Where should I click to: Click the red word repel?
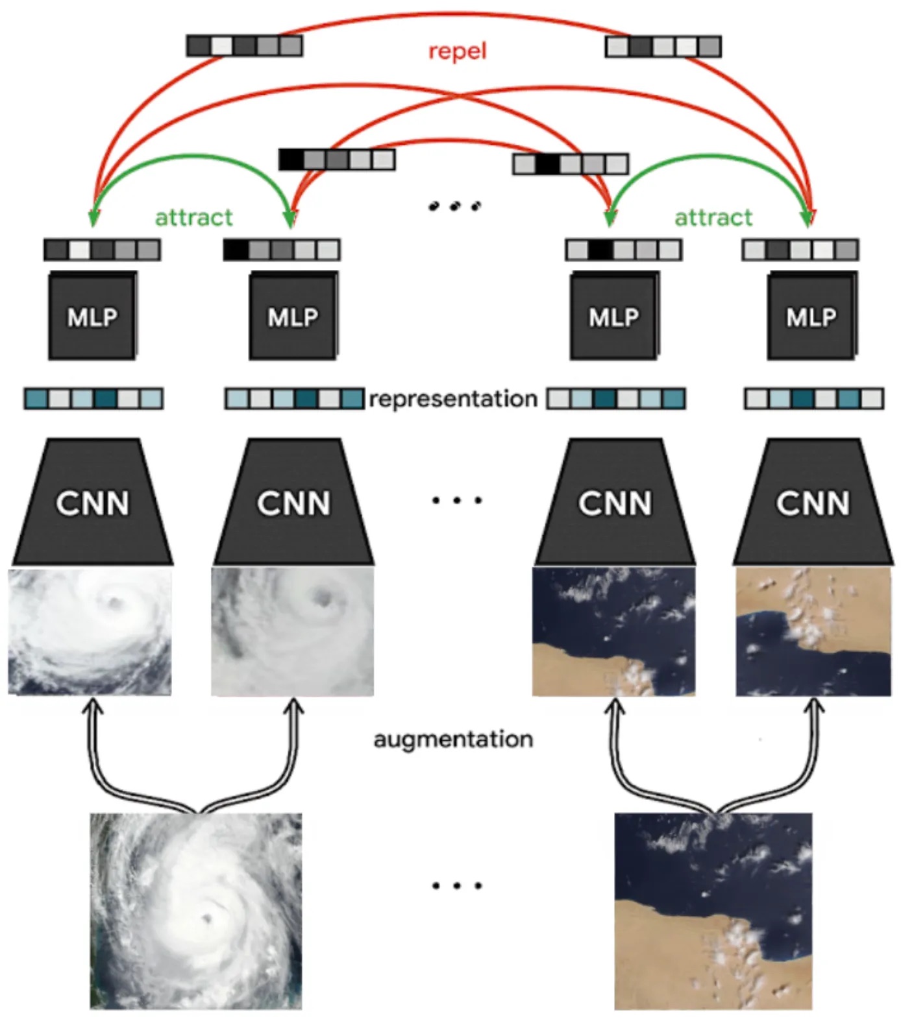(x=457, y=51)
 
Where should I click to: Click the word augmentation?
(x=453, y=739)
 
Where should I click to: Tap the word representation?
(x=453, y=398)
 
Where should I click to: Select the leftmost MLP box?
(x=92, y=317)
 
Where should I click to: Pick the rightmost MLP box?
(x=811, y=317)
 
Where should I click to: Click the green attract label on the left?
(x=193, y=217)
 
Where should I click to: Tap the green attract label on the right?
(x=713, y=217)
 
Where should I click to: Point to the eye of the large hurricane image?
(x=208, y=917)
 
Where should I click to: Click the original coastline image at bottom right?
(x=713, y=911)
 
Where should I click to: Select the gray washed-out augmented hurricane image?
(x=293, y=632)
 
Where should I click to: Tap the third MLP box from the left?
(x=614, y=317)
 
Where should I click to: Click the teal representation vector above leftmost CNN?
(x=93, y=398)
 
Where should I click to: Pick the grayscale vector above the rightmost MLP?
(x=800, y=250)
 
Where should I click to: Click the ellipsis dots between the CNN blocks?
(x=457, y=500)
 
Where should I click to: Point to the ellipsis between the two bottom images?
(x=457, y=885)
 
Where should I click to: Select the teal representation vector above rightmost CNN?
(x=813, y=398)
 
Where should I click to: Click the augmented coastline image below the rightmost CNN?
(x=813, y=632)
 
